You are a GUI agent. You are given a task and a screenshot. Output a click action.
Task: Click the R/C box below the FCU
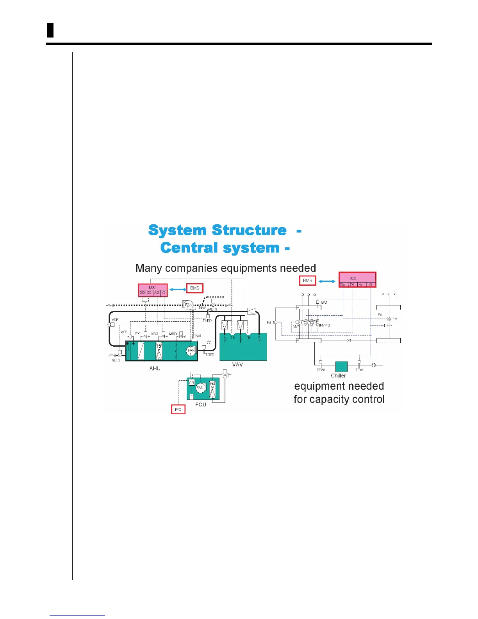(x=178, y=409)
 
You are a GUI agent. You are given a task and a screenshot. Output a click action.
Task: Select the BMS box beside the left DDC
(x=194, y=288)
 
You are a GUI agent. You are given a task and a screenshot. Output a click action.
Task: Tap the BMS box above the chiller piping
(x=308, y=280)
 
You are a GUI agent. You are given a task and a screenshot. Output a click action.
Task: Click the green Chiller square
(x=341, y=367)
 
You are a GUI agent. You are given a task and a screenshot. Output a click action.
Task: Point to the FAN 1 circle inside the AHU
(x=191, y=351)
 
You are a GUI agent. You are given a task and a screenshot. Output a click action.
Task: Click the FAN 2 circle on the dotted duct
(x=188, y=304)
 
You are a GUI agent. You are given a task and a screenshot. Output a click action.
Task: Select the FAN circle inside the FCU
(x=200, y=387)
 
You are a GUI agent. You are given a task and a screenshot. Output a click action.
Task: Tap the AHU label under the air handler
(x=155, y=368)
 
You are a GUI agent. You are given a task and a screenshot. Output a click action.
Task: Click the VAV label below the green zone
(x=237, y=364)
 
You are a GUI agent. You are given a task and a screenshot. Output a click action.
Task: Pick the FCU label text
(x=201, y=404)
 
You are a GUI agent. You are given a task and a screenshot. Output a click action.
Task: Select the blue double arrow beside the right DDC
(x=327, y=281)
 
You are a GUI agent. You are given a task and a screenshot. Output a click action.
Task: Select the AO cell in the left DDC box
(x=157, y=292)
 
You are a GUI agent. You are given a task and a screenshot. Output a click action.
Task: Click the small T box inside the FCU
(x=191, y=397)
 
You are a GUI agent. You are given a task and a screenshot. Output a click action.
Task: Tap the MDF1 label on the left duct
(x=116, y=320)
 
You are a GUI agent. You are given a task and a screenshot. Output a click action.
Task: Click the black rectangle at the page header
(x=50, y=30)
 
